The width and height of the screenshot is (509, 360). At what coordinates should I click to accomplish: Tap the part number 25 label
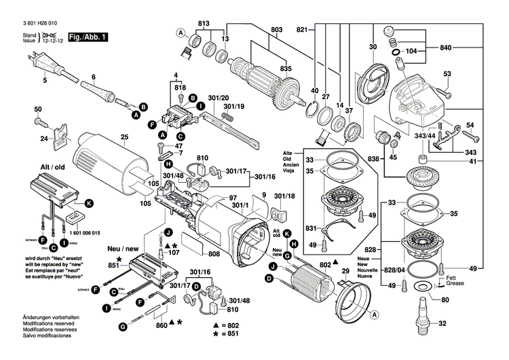click(x=124, y=139)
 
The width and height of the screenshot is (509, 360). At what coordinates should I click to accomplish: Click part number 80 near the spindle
click(x=445, y=300)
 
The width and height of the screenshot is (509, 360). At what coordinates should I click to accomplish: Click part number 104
click(x=411, y=51)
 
